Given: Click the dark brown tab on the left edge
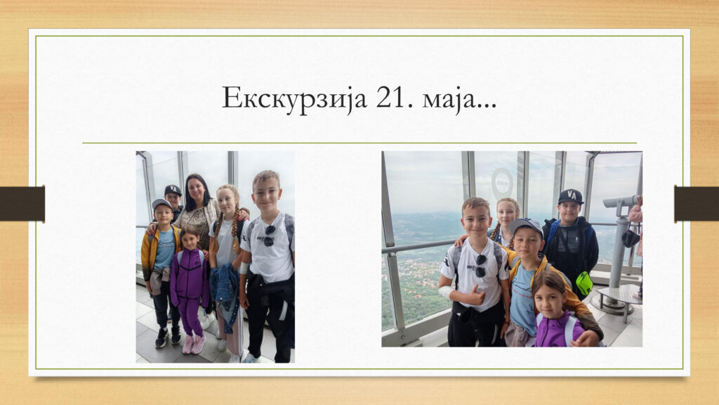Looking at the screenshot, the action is click(x=22, y=203).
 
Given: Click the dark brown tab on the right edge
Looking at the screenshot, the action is click(x=696, y=203).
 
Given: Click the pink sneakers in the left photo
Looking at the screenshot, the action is click(x=194, y=344).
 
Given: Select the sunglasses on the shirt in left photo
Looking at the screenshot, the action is click(x=270, y=235).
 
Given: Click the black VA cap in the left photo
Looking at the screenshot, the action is click(x=173, y=190).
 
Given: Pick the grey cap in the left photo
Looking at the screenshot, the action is click(x=161, y=204).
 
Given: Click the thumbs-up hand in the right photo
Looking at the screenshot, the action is click(x=474, y=296).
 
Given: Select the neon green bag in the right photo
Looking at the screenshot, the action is click(x=583, y=283).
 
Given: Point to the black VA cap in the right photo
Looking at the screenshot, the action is click(x=570, y=197).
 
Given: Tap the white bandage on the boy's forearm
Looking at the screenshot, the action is click(x=446, y=292).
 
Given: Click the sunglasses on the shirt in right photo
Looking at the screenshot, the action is click(x=480, y=266).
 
